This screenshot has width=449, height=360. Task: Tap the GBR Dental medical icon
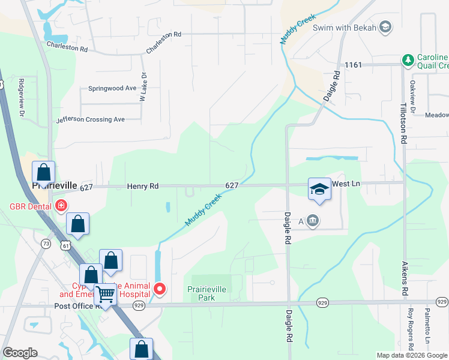[61, 206]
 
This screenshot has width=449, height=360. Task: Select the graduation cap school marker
[319, 190]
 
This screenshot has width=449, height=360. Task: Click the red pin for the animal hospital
[160, 289]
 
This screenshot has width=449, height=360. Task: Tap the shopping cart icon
[106, 294]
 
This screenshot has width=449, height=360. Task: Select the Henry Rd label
[143, 187]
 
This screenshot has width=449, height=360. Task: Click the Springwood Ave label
[112, 88]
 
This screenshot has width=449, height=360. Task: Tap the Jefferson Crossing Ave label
[91, 119]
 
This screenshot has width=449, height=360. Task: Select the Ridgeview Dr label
[21, 97]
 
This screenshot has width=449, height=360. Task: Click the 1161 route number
[353, 64]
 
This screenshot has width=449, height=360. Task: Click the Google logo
[20, 353]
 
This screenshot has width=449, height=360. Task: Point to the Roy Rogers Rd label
[411, 329]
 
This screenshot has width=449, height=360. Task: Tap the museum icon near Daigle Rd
[313, 221]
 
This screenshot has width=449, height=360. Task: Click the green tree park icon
[408, 60]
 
